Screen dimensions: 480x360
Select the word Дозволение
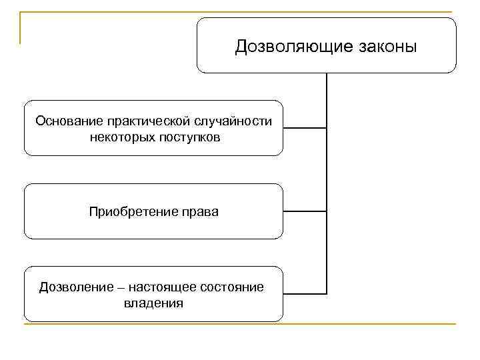click(69, 287)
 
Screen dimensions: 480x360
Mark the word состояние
click(229, 287)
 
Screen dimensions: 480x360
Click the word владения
click(153, 303)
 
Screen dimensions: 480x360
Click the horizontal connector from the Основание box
click(305, 127)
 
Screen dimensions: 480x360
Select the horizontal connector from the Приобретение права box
click(305, 211)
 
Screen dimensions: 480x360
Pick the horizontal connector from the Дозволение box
click(305, 293)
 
